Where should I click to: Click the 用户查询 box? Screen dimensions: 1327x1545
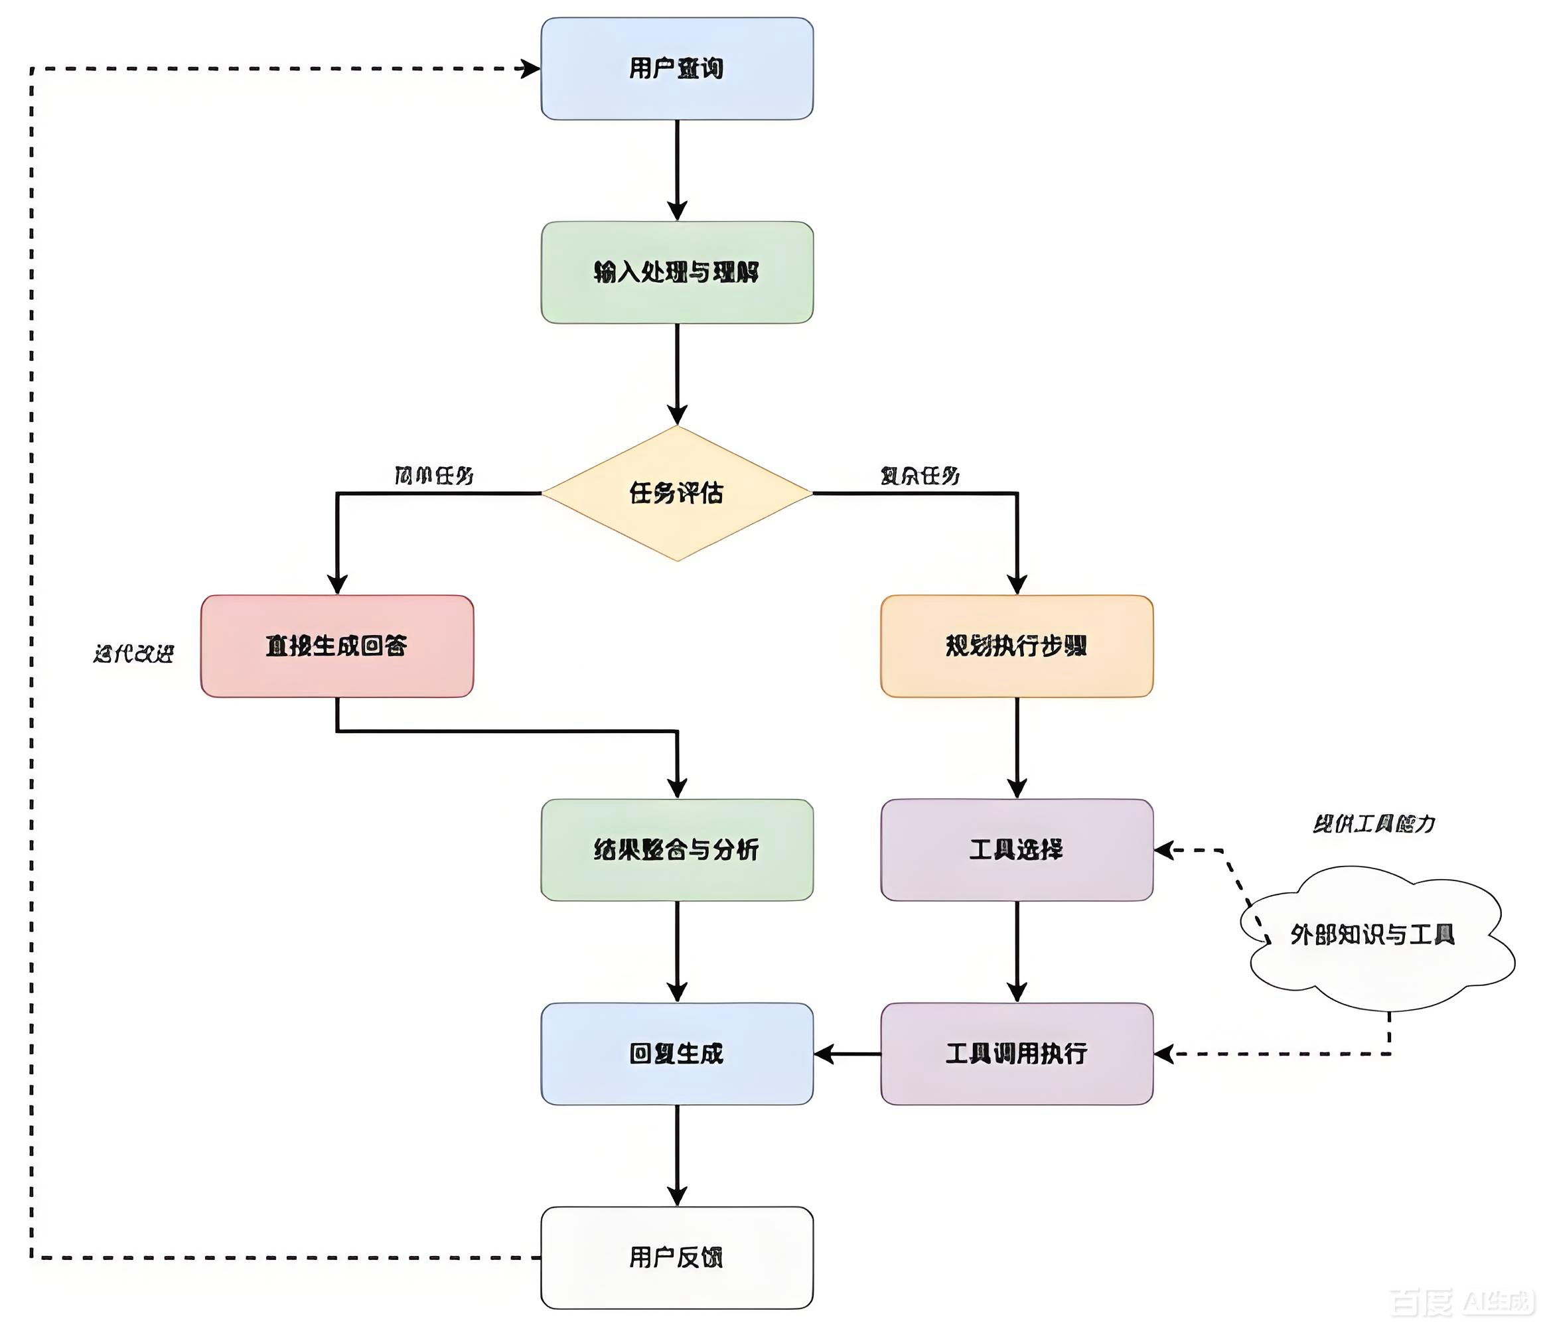coord(676,68)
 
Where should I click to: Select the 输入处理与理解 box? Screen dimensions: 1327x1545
coord(676,272)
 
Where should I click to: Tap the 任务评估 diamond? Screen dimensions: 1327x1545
coord(676,493)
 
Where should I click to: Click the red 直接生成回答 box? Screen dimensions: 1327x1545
coord(337,646)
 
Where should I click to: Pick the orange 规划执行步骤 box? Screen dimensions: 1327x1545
coord(1016,646)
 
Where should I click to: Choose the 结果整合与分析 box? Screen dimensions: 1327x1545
coord(676,849)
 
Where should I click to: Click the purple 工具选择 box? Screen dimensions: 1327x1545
coord(1016,849)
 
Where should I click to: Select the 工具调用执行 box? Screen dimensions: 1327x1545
coord(1016,1054)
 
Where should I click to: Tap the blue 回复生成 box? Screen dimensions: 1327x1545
coord(676,1054)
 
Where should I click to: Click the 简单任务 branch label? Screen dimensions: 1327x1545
coord(433,476)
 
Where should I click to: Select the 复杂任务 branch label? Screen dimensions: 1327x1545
coord(919,476)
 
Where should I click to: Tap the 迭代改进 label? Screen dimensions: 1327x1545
coord(134,654)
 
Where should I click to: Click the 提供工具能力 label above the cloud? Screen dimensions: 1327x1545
coord(1374,824)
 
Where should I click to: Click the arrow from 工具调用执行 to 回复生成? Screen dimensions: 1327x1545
coord(847,1054)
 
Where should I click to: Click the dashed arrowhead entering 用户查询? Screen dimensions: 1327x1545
coord(530,68)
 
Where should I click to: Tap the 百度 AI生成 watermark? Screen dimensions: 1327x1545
coord(1461,1302)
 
